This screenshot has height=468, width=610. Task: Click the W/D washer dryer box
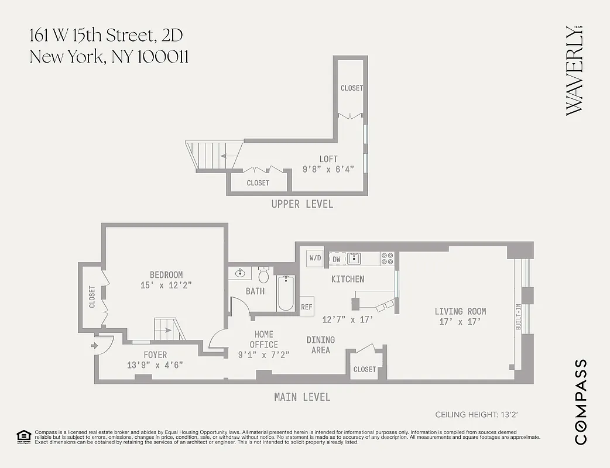tap(315, 257)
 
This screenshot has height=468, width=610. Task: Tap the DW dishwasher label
tap(337, 259)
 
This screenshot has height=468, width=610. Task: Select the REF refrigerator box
tap(307, 307)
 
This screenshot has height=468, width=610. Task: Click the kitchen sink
tap(353, 258)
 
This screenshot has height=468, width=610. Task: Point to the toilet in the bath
tap(263, 274)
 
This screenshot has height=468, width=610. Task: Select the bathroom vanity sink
tap(240, 273)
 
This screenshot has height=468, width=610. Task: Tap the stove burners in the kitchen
tap(387, 259)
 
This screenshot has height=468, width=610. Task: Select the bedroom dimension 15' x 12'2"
tap(166, 285)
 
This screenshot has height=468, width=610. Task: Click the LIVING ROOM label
tap(460, 311)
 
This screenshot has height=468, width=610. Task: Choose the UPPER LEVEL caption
tap(302, 204)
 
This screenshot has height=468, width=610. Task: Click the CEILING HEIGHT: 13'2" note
tap(477, 415)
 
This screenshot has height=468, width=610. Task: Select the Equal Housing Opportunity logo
tap(23, 436)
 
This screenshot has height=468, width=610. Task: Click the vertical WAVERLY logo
tap(575, 70)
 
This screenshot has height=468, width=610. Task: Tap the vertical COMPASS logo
tap(580, 402)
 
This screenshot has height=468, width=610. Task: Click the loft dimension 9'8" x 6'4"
tap(328, 170)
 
